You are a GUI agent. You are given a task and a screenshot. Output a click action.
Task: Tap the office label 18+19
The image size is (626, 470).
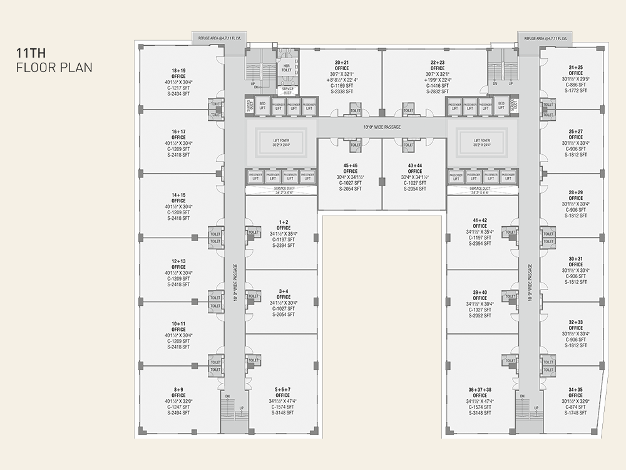[x=178, y=70]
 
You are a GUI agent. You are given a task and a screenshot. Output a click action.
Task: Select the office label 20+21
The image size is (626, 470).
[x=341, y=63]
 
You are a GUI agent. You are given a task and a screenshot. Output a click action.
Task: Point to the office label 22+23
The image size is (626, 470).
[x=438, y=63]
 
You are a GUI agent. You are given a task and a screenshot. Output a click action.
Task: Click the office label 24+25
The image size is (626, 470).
[x=576, y=67]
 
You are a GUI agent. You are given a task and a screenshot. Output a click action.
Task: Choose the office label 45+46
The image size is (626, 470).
[x=350, y=165]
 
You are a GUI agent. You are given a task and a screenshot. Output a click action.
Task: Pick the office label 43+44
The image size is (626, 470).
[x=415, y=165]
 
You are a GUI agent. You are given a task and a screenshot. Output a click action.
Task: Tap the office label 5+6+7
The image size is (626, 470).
[x=282, y=389]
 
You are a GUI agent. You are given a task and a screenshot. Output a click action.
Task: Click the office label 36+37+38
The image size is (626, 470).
[x=480, y=389]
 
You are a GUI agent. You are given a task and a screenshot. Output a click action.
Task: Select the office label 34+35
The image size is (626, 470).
[x=576, y=389]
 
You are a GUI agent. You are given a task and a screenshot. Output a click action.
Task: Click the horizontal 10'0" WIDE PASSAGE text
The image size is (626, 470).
[x=382, y=127]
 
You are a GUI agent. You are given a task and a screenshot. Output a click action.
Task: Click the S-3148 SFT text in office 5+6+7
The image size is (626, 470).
[x=282, y=413]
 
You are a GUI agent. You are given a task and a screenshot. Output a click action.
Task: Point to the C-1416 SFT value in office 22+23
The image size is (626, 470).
[x=438, y=86]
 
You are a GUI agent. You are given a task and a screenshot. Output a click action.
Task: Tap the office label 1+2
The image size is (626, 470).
[x=284, y=222]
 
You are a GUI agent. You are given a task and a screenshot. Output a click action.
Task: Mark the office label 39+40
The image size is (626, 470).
[x=480, y=292]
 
